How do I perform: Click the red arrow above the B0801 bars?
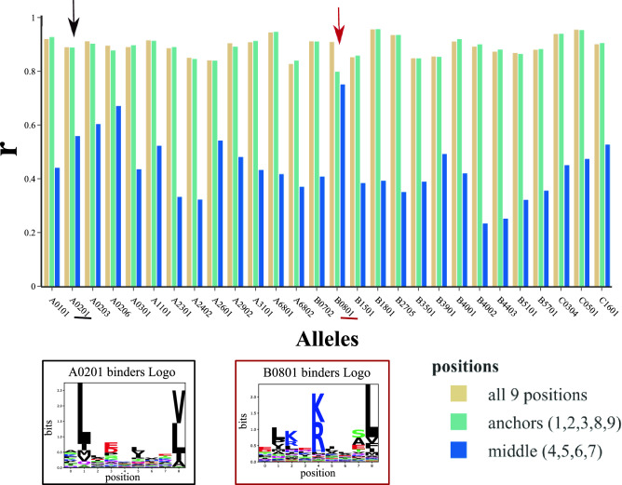[x=341, y=23]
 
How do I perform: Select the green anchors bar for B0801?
[x=337, y=180]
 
